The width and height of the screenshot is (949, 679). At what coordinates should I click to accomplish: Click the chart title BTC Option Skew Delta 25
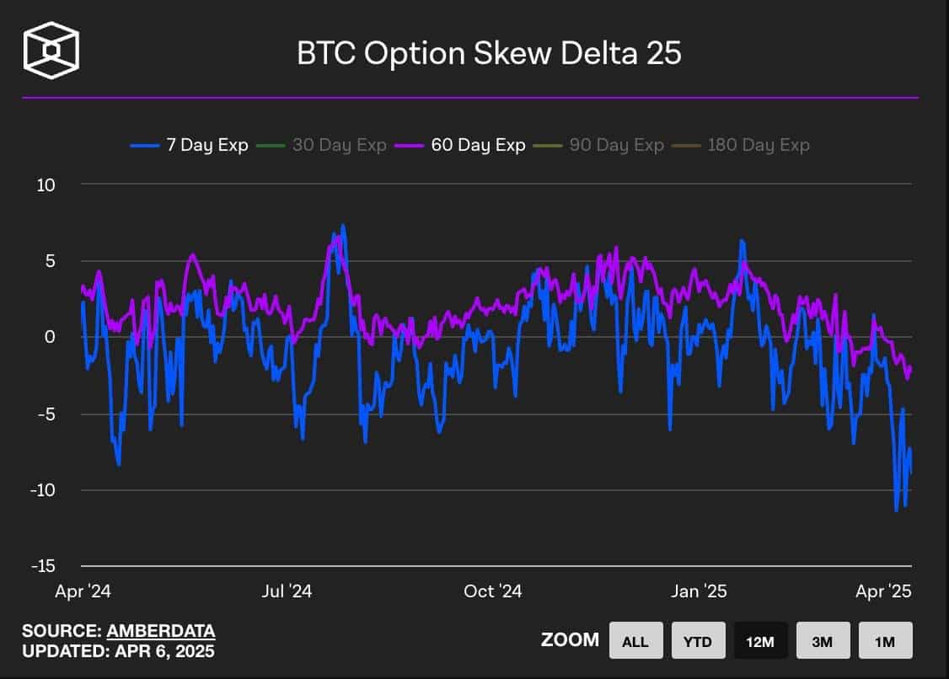click(x=489, y=52)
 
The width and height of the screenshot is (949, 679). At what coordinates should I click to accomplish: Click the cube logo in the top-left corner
click(x=51, y=51)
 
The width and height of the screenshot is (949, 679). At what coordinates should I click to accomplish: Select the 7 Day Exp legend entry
click(x=190, y=145)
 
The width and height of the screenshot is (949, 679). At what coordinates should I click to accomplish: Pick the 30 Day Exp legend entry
click(x=328, y=145)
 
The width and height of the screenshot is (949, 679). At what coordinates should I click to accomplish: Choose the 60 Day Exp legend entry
click(x=467, y=145)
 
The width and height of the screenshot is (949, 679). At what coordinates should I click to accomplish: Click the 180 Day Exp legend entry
click(x=748, y=145)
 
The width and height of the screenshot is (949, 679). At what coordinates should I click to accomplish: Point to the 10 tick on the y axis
click(x=44, y=184)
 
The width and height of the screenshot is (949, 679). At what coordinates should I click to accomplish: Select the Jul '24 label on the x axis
click(x=287, y=591)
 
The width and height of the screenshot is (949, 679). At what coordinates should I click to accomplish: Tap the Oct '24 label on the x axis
click(x=492, y=591)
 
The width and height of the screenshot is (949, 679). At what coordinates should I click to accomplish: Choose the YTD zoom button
click(x=697, y=641)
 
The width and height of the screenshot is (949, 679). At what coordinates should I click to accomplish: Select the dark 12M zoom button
click(x=760, y=641)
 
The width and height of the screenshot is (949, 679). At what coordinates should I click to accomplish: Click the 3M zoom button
click(x=823, y=641)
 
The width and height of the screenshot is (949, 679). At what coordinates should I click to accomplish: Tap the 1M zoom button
click(x=885, y=641)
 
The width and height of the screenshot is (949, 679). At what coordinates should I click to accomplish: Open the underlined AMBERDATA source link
click(x=160, y=631)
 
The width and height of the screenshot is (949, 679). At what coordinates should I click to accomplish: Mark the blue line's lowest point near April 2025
click(x=896, y=511)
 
